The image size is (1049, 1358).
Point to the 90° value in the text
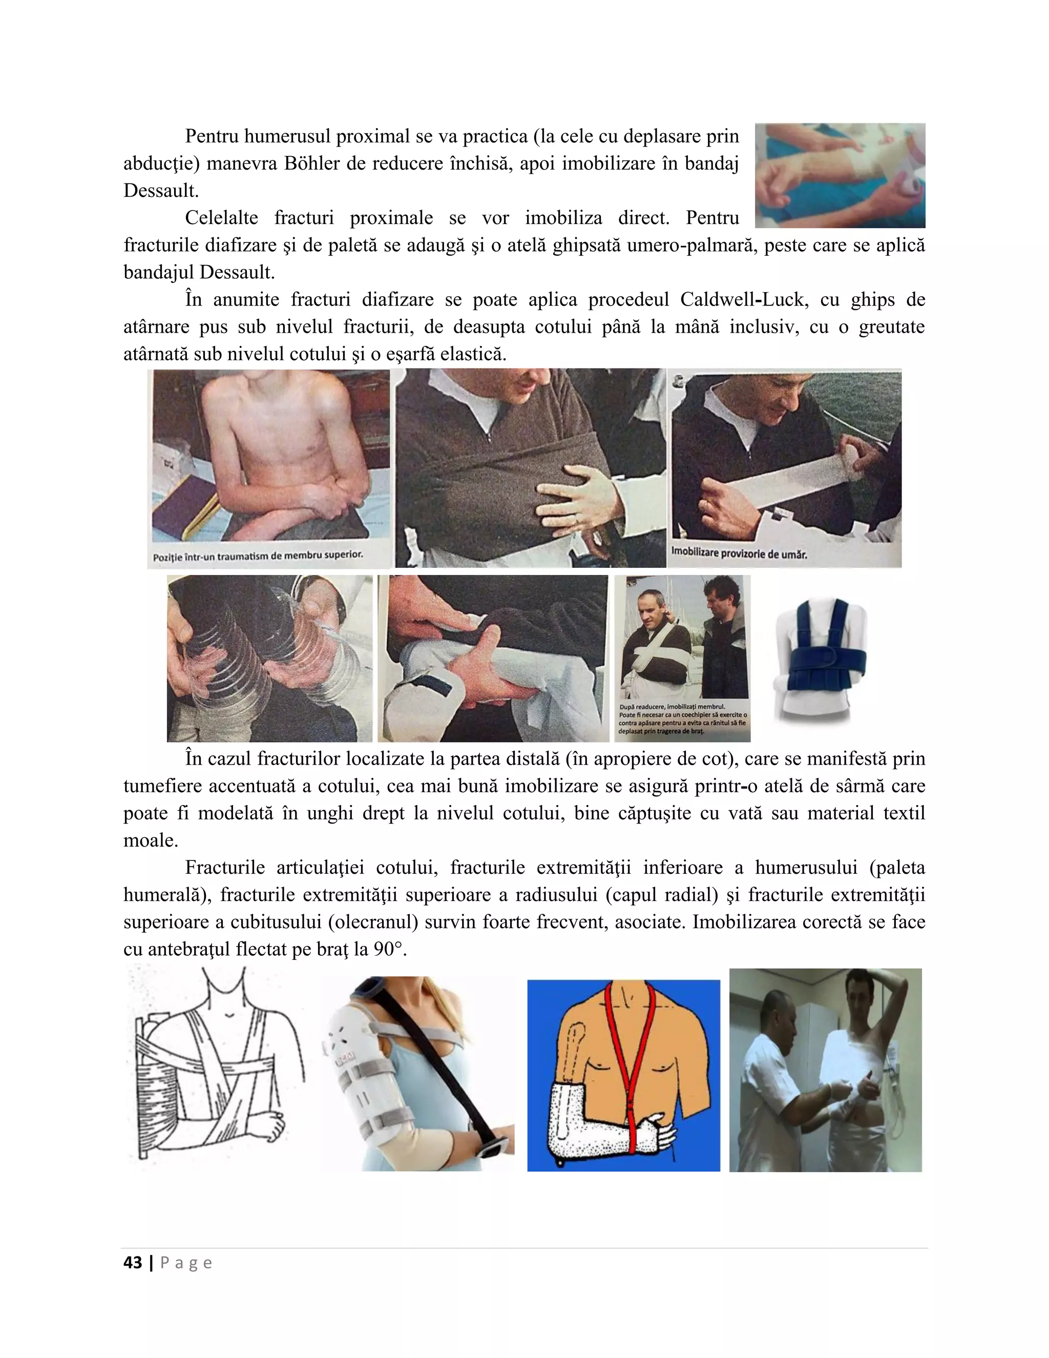(390, 949)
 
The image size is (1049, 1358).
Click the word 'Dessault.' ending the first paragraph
(161, 190)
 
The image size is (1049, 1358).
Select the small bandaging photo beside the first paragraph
(840, 175)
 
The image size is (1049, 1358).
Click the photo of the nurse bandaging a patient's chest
(825, 1069)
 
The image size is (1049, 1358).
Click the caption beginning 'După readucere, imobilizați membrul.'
(682, 719)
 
